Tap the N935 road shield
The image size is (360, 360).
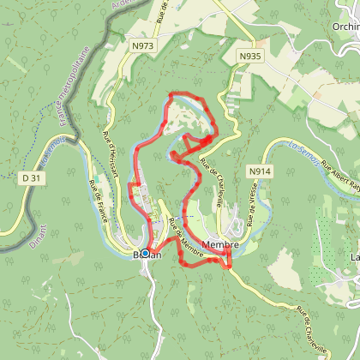click(250, 56)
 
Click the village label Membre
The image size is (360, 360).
click(220, 244)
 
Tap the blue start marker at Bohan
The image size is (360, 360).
click(147, 252)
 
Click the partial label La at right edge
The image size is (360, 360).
click(353, 256)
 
